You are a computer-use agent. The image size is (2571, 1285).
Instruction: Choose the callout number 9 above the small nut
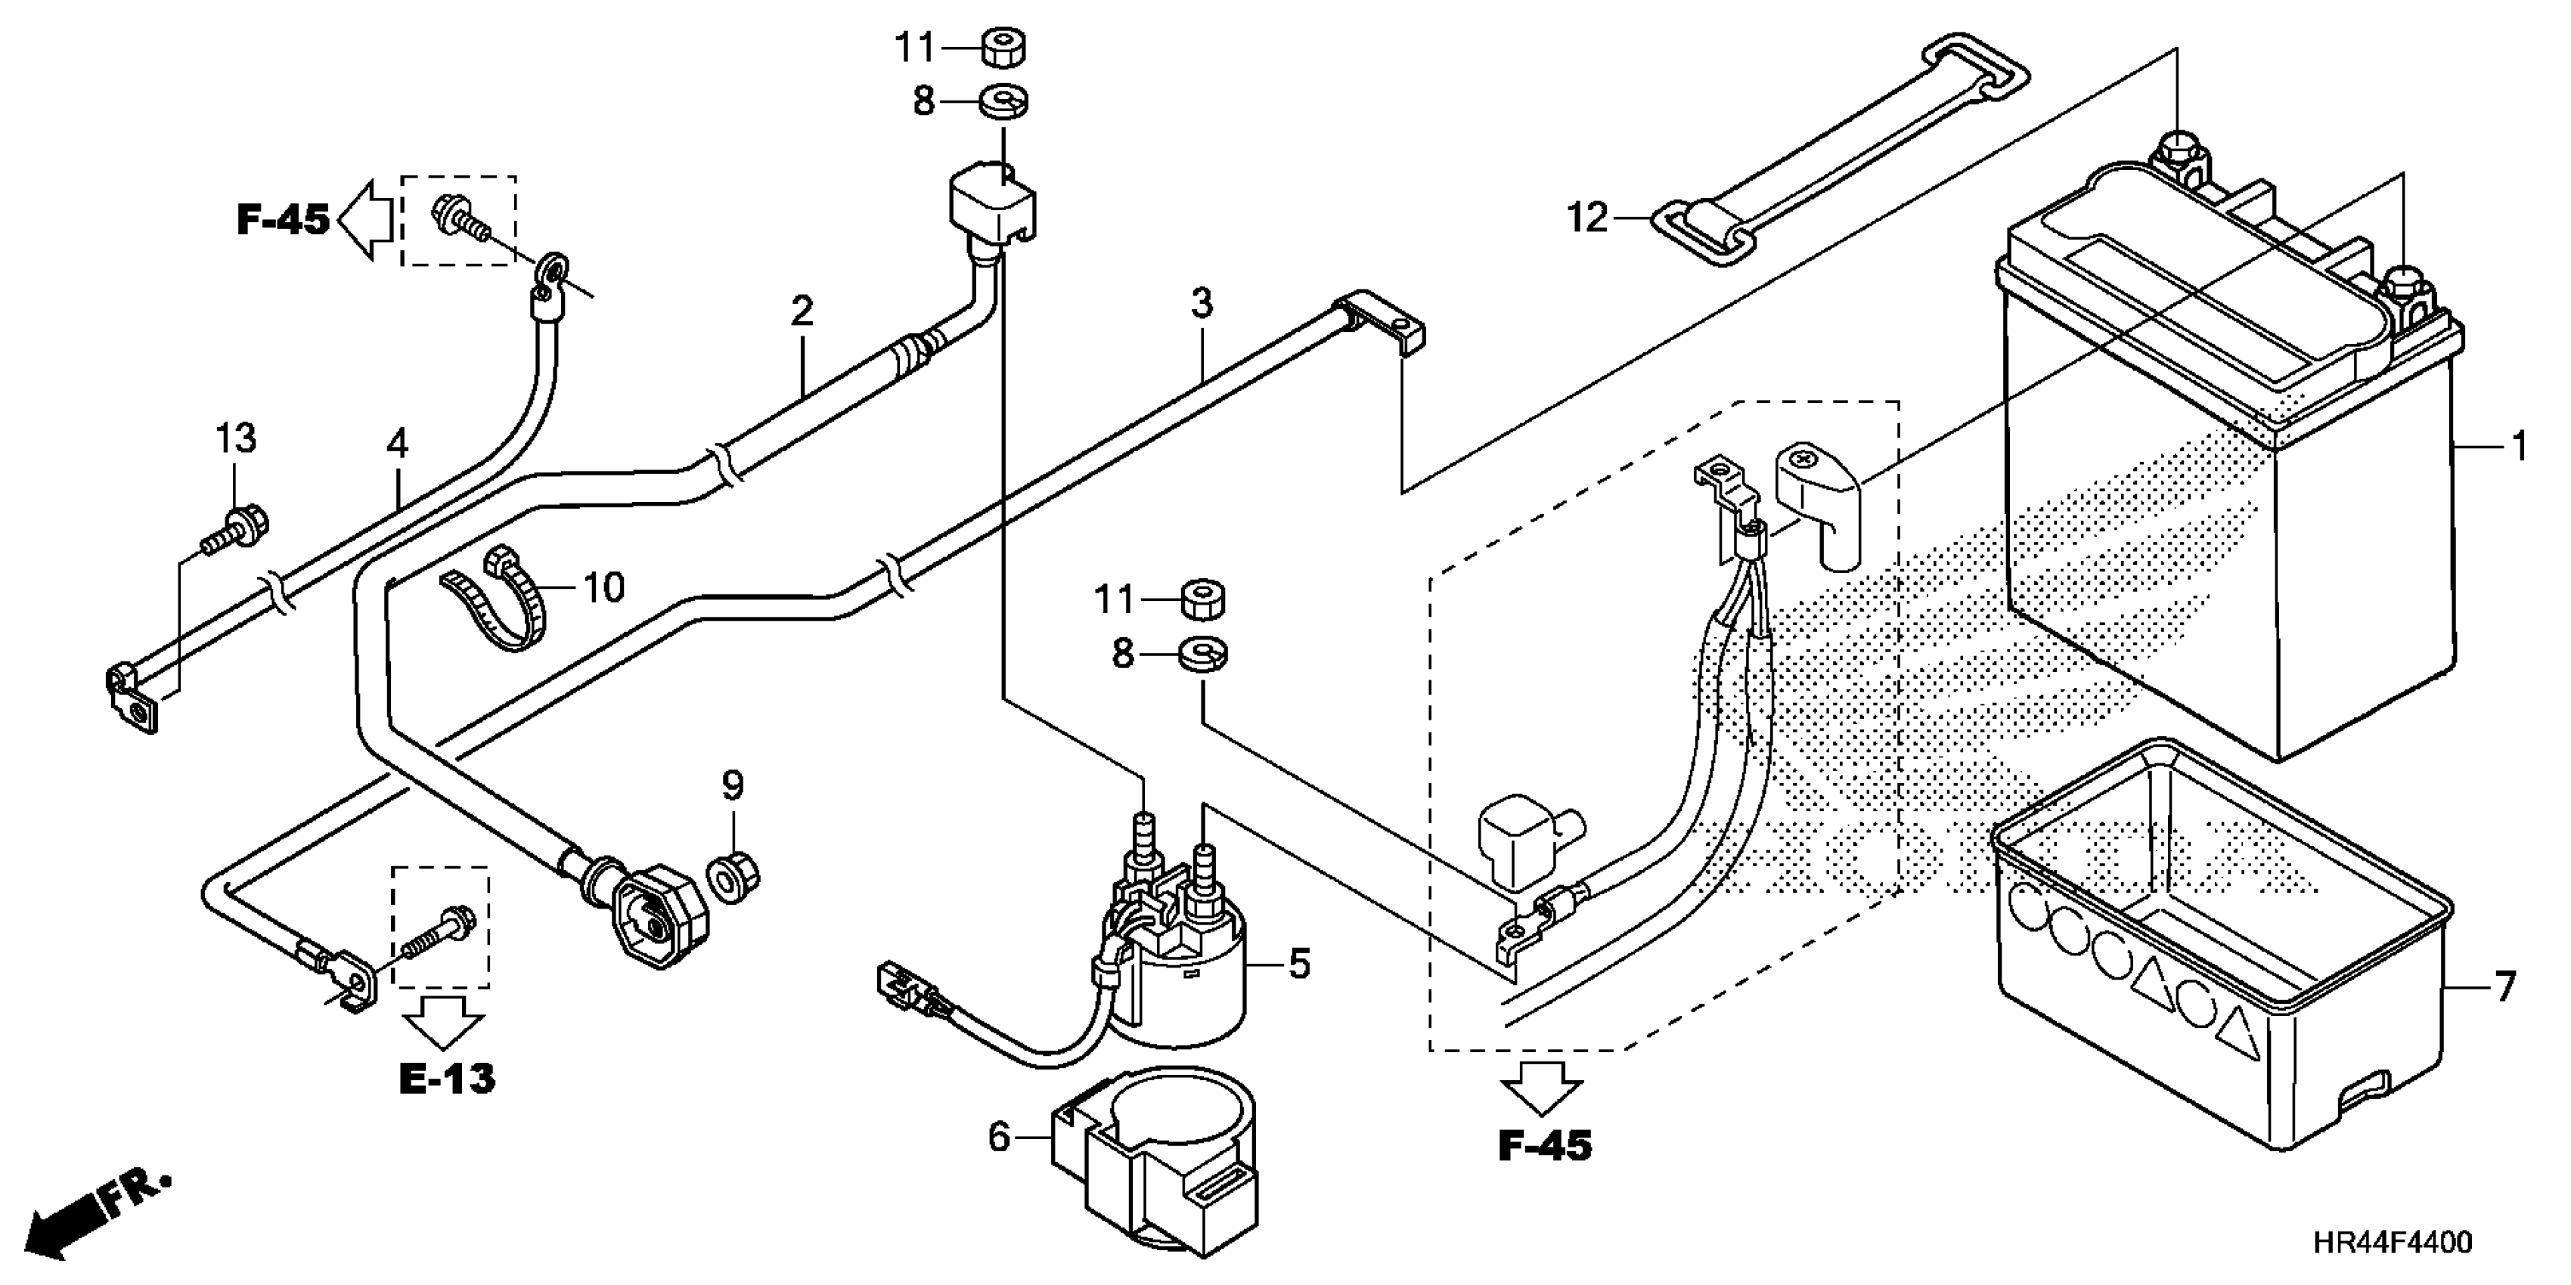(x=733, y=786)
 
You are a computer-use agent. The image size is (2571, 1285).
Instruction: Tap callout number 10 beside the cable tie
(x=602, y=587)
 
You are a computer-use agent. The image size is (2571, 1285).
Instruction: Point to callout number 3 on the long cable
(x=1201, y=302)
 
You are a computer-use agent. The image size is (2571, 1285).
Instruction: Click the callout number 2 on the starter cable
(x=802, y=311)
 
